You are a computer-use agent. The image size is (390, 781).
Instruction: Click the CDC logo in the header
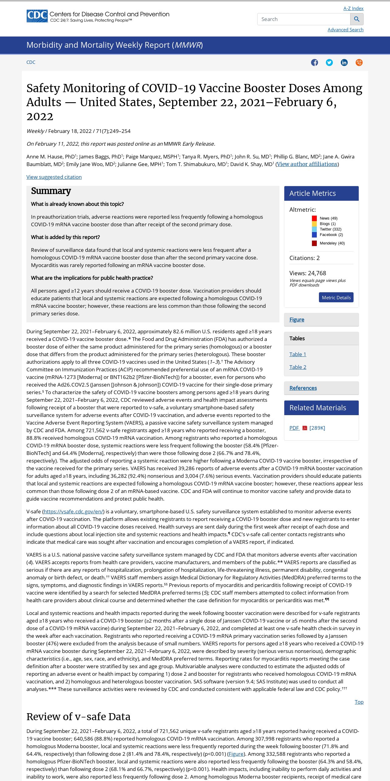click(37, 16)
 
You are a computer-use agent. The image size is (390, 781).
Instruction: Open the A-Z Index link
click(353, 9)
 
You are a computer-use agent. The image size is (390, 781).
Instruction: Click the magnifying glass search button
click(357, 19)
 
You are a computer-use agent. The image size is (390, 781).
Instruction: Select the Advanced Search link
click(345, 30)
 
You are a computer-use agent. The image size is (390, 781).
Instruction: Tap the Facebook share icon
click(314, 63)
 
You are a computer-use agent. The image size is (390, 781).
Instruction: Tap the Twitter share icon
click(329, 63)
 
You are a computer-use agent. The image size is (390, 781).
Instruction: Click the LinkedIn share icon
click(344, 63)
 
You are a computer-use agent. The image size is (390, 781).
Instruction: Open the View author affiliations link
click(307, 164)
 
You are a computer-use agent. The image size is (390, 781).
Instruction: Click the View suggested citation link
click(54, 177)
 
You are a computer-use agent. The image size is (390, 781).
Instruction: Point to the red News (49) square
click(314, 218)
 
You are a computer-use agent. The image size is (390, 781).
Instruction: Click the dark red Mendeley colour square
click(314, 243)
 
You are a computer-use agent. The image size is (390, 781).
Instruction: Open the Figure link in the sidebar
click(297, 320)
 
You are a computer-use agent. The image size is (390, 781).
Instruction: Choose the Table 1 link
click(298, 354)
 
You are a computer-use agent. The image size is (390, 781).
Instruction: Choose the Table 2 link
click(298, 367)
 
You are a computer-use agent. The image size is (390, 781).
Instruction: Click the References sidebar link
click(303, 388)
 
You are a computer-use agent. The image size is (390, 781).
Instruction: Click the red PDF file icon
click(305, 428)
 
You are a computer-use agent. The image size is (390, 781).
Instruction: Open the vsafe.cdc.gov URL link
click(74, 512)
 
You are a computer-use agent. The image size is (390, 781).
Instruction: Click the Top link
click(359, 702)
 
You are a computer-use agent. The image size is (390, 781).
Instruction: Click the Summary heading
click(51, 191)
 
